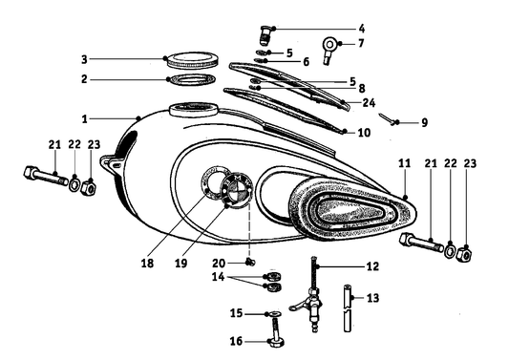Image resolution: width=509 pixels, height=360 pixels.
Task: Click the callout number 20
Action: (x=220, y=263)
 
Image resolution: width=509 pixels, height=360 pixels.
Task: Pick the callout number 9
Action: (x=397, y=122)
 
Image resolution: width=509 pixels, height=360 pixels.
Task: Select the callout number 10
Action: (x=363, y=132)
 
